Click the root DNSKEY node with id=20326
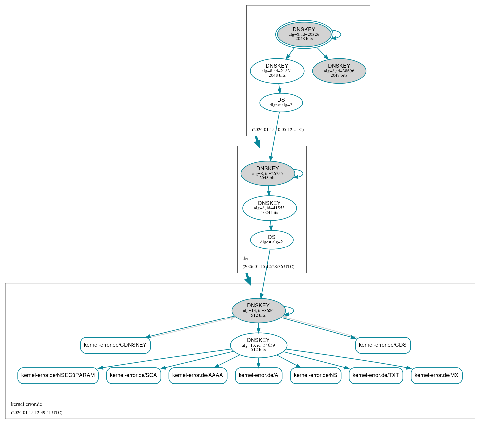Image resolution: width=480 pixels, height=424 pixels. coord(304,34)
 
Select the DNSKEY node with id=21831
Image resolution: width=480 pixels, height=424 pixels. coord(277,71)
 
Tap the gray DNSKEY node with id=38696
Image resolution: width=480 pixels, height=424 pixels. coord(339,71)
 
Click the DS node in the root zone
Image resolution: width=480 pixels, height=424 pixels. coord(281,103)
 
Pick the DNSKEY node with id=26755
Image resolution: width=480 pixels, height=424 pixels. coord(268,173)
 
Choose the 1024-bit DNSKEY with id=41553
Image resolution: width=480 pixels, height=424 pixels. coord(269,208)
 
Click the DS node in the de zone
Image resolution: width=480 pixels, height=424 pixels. coord(272,240)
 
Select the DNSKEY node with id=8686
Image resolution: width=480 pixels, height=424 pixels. coord(258,311)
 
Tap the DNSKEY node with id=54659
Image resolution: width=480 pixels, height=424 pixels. coord(258,345)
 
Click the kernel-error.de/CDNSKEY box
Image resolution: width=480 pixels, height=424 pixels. coord(115,345)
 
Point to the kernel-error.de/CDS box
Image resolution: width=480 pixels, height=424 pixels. coord(383,345)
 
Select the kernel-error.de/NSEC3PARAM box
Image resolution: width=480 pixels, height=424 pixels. coord(58,375)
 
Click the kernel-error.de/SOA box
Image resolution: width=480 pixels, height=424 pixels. coord(134,375)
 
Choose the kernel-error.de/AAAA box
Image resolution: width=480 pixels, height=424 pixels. coord(198,375)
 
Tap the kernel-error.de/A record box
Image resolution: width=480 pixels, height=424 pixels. coord(258,375)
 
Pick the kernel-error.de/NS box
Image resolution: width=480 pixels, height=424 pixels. coord(316,375)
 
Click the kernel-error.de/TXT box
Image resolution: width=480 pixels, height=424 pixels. coord(376,375)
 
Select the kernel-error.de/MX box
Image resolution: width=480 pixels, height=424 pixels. coord(436,375)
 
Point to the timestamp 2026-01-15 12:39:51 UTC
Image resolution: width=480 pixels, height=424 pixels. coord(37,413)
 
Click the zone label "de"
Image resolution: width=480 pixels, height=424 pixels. coord(245,259)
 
